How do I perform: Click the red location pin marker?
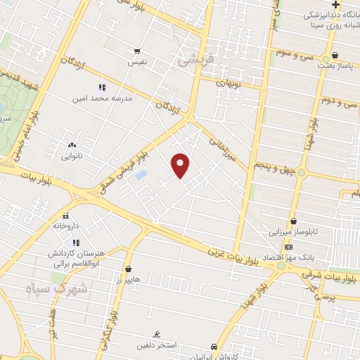181,165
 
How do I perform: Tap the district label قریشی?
193,61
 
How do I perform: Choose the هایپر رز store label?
129,280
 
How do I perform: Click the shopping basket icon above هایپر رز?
128,269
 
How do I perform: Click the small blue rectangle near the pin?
141,174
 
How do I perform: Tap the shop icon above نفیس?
137,51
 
